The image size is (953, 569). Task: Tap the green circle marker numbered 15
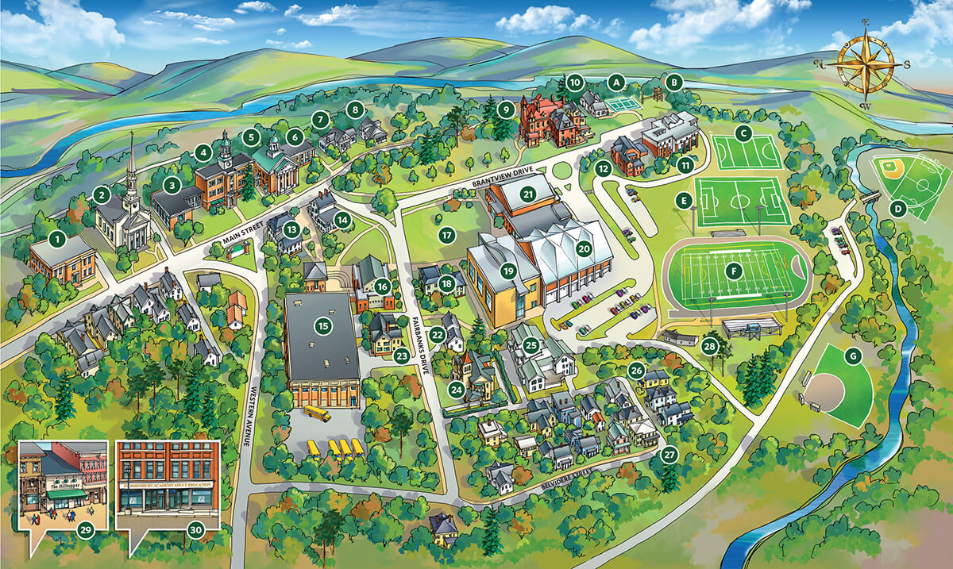tap(322, 325)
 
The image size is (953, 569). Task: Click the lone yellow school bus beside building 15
tap(315, 413)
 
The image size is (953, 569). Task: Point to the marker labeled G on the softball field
tap(853, 356)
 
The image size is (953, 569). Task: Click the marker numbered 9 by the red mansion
tap(504, 109)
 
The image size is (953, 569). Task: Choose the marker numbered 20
tap(584, 248)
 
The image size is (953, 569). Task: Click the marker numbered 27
tap(669, 456)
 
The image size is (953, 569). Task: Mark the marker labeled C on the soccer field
tap(743, 133)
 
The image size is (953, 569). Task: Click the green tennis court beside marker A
tap(627, 103)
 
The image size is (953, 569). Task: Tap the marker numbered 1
tap(56, 236)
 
